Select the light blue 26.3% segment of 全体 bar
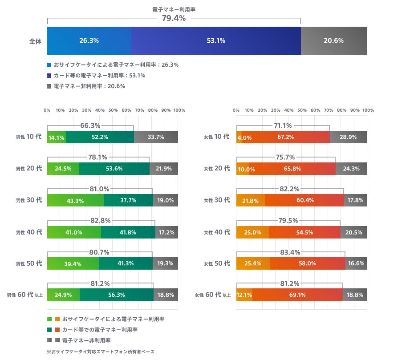89,40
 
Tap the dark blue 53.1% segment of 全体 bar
216,40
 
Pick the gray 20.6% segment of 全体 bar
333,40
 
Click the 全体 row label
35,41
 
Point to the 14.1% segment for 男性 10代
57,137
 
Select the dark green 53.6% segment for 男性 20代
114,169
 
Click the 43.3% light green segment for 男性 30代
75,200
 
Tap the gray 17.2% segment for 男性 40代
166,232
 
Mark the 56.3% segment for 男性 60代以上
116,295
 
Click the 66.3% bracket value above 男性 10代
90,126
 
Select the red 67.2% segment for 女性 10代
285,137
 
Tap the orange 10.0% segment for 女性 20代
246,169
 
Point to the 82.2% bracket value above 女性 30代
289,189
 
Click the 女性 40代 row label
217,232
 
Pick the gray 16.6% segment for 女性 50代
356,263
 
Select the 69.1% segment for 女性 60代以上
298,295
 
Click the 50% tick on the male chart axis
113,110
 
